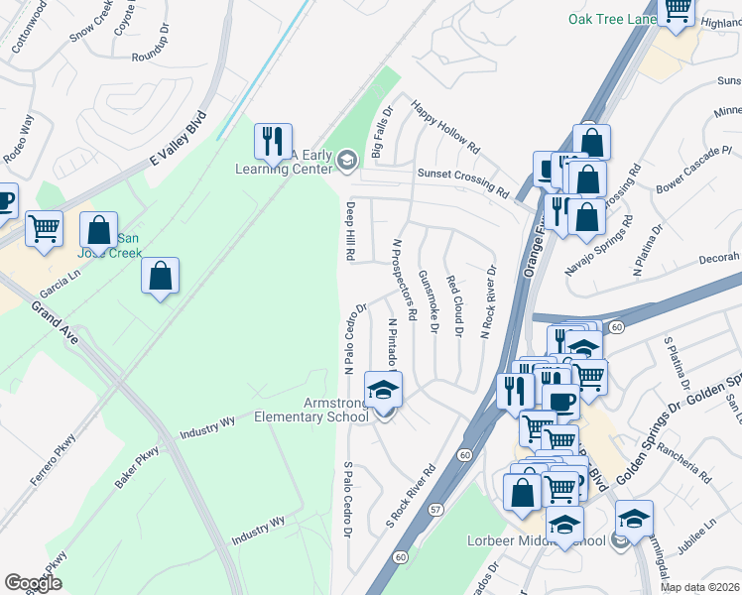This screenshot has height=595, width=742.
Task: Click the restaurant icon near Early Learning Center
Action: (x=271, y=142)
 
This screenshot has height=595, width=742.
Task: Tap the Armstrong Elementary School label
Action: (x=311, y=409)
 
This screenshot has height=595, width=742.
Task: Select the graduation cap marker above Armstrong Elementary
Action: (x=384, y=390)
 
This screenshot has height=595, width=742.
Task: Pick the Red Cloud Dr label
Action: (x=455, y=305)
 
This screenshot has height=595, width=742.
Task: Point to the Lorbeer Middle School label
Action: (x=536, y=540)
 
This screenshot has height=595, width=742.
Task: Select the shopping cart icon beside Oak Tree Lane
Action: (x=677, y=12)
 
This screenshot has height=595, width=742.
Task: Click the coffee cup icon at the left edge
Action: (x=5, y=201)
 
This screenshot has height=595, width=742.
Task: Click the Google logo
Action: (x=34, y=582)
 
